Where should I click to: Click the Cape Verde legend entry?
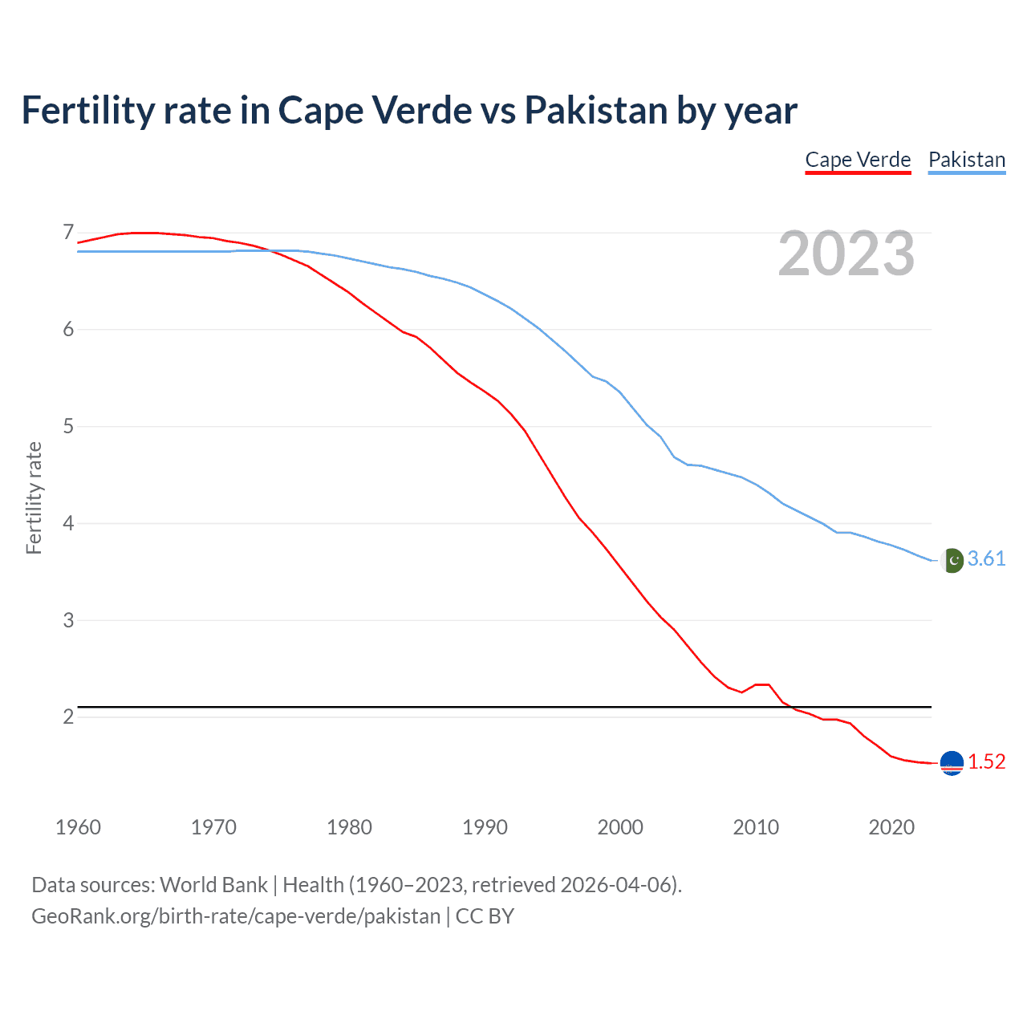[x=858, y=160]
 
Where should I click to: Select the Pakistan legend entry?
[x=966, y=160]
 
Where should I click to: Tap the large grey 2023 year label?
[x=846, y=254]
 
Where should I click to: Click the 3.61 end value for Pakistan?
[x=986, y=559]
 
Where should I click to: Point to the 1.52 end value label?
[x=986, y=762]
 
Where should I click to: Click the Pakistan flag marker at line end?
[x=952, y=560]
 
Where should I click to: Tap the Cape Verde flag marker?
[x=952, y=763]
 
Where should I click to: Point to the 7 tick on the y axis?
[x=68, y=233]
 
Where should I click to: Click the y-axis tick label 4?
[x=68, y=523]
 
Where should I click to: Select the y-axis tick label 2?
[x=68, y=716]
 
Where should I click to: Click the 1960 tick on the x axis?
[x=78, y=827]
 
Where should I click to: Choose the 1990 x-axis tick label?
[x=485, y=827]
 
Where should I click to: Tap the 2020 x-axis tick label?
[x=891, y=827]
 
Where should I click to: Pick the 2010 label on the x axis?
[x=756, y=827]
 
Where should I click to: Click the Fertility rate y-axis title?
[x=34, y=497]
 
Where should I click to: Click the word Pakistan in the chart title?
[x=596, y=111]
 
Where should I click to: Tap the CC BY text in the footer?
[x=485, y=916]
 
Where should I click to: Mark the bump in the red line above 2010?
[x=762, y=684]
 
